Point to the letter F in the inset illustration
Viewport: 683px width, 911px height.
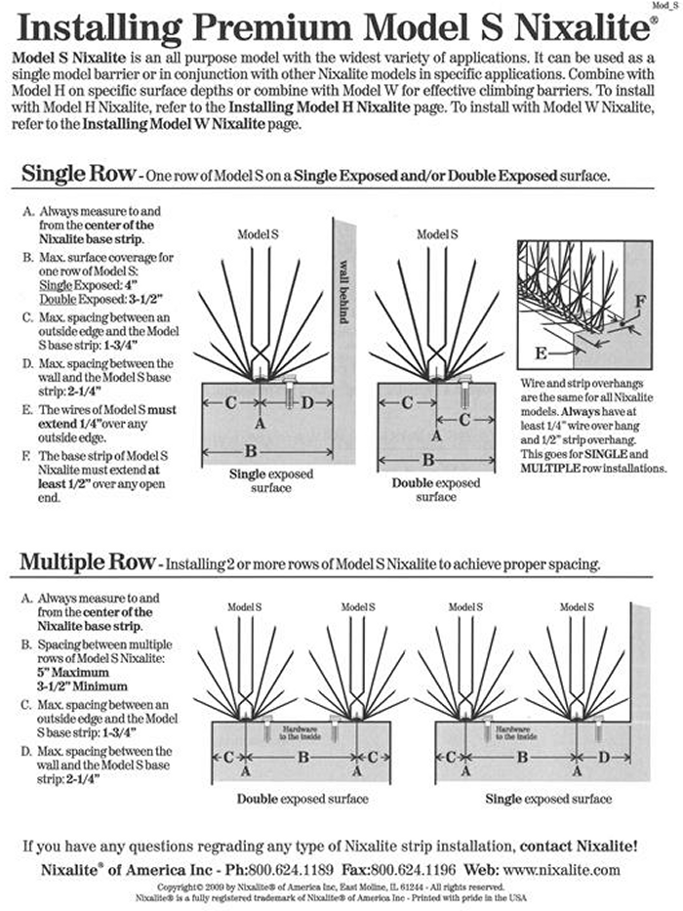pyautogui.click(x=639, y=301)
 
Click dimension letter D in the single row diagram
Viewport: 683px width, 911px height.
pyautogui.click(x=304, y=402)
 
